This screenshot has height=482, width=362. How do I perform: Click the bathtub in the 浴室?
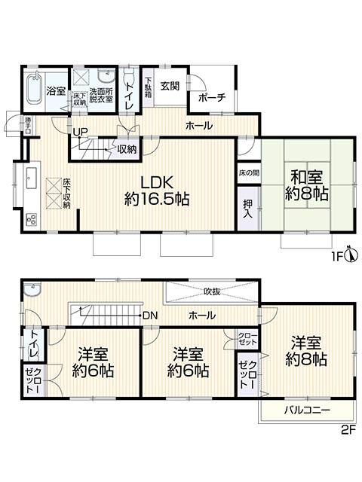pyautogui.click(x=32, y=90)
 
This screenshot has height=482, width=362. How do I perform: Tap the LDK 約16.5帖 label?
pyautogui.click(x=156, y=191)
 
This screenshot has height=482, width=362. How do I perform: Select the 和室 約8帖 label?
pyautogui.click(x=307, y=185)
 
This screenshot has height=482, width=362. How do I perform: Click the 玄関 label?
pyautogui.click(x=169, y=87)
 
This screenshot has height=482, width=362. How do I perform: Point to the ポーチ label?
pyautogui.click(x=210, y=98)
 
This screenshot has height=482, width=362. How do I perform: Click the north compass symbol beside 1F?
pyautogui.click(x=353, y=256)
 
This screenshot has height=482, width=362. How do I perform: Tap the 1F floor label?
pyautogui.click(x=339, y=257)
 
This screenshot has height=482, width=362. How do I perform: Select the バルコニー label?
pyautogui.click(x=305, y=410)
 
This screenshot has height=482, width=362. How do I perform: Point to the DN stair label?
pyautogui.click(x=150, y=315)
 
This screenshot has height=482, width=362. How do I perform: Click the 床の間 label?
pyautogui.click(x=247, y=172)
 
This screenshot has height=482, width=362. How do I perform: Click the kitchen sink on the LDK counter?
pyautogui.click(x=32, y=180)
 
